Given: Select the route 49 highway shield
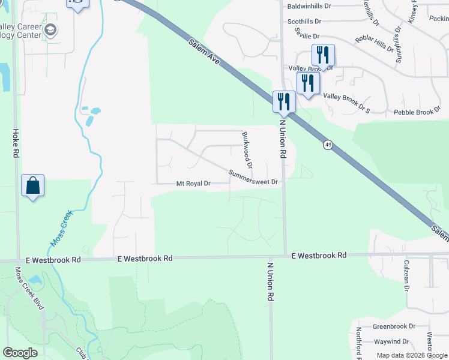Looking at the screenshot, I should (x=327, y=145).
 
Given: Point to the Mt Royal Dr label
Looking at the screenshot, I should (x=193, y=184).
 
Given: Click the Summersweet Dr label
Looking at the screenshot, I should (x=254, y=178).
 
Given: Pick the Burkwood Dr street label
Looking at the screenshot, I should (x=246, y=150).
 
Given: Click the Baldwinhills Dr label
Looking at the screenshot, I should (x=309, y=6).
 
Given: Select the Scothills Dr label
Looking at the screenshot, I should (x=304, y=21).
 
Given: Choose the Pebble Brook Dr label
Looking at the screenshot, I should (x=417, y=112).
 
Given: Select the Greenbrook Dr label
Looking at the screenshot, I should (x=394, y=327).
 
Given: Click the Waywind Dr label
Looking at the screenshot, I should (x=394, y=341).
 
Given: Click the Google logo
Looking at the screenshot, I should (x=20, y=353).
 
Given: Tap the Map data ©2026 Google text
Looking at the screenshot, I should (x=412, y=355).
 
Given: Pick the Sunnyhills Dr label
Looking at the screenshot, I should (x=399, y=46).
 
